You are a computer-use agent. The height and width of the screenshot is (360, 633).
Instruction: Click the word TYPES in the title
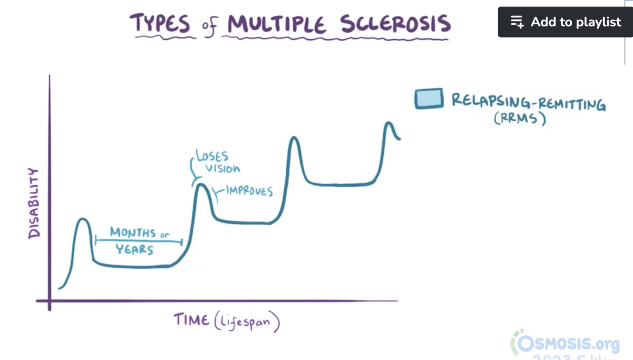159,24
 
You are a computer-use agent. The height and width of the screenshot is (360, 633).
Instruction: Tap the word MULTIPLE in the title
276,24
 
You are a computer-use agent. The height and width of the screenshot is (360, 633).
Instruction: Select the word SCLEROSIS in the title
395,24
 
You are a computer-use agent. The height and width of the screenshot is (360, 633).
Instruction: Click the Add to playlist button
565,22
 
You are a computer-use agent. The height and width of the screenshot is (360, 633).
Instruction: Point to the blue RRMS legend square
429,99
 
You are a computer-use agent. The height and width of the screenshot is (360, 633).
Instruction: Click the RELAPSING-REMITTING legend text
528,102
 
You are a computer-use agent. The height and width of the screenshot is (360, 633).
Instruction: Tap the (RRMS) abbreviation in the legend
520,118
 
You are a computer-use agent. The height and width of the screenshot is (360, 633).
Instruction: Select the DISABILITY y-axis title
34,203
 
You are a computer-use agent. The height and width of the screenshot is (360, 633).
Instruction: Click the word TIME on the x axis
191,320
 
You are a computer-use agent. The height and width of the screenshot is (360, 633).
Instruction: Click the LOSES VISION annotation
218,162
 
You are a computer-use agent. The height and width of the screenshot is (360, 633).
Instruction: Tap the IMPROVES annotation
249,191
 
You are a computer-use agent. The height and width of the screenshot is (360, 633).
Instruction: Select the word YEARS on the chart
134,249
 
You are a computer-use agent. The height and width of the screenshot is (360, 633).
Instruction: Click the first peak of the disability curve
83,219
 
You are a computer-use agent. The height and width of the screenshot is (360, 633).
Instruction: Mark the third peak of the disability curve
294,138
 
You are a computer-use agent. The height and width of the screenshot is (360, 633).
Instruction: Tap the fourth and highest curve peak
389,123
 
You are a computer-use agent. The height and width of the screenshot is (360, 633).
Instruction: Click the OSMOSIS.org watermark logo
565,343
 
